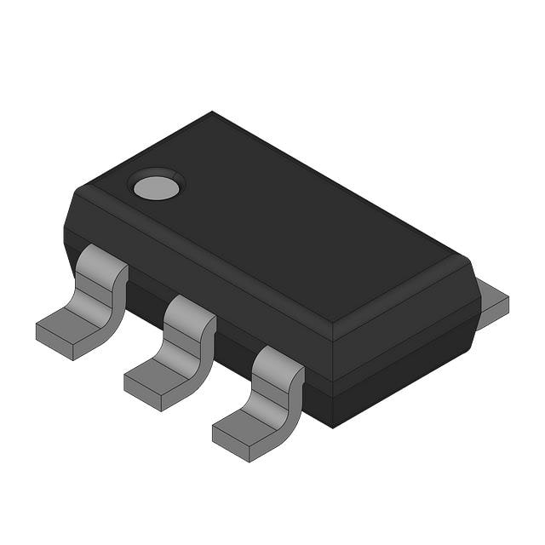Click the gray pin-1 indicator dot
pyautogui.click(x=156, y=186)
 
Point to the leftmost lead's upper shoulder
pyautogui.click(x=102, y=259)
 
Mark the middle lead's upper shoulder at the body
pyautogui.click(x=189, y=310)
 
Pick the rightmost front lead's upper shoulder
pyautogui.click(x=278, y=361)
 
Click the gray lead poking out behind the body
pyautogui.click(x=491, y=302)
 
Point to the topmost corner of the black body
pyautogui.click(x=212, y=112)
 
